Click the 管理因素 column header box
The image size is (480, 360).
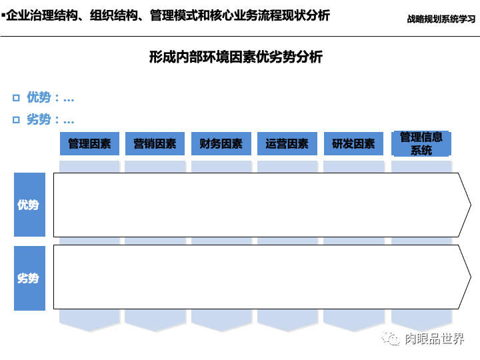click(x=89, y=144)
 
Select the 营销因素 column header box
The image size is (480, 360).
click(x=155, y=144)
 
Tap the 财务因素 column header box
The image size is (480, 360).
click(x=221, y=144)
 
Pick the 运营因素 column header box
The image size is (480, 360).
click(x=287, y=144)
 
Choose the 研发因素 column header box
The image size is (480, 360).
click(x=353, y=144)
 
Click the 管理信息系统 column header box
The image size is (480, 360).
click(x=421, y=143)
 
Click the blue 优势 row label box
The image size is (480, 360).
click(x=29, y=205)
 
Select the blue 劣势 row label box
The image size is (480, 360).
click(x=29, y=278)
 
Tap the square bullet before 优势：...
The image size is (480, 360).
click(x=16, y=99)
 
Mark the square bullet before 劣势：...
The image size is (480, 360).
click(x=16, y=121)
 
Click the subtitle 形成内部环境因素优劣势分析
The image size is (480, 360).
click(x=236, y=57)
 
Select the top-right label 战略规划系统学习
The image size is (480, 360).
click(x=441, y=19)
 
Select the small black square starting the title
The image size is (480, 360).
click(x=3, y=14)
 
